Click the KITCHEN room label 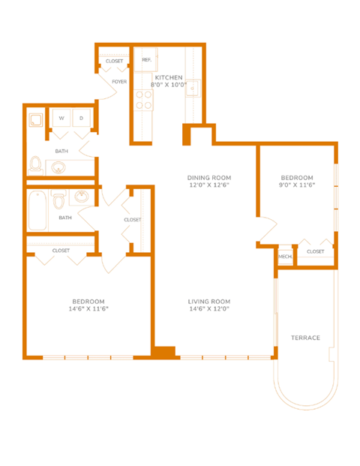(169, 77)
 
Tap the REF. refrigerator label (145, 59)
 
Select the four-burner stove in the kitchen (142, 101)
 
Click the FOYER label (119, 81)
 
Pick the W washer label (60, 119)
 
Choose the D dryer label (82, 119)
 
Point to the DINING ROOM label (208, 177)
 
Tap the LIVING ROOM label (208, 301)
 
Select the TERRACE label (305, 338)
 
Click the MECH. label (284, 257)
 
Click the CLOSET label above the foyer (114, 61)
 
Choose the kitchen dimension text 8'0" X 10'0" (169, 85)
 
